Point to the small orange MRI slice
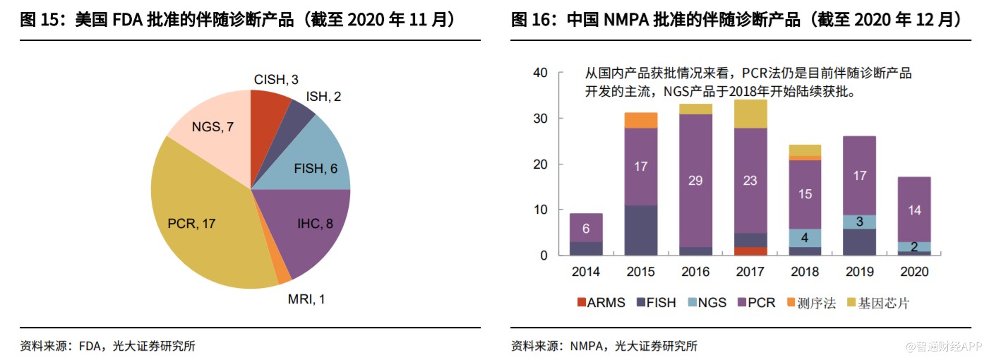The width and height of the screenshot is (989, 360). [x=283, y=277]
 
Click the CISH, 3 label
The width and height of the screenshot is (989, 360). [x=276, y=80]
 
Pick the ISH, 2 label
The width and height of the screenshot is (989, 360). [x=323, y=96]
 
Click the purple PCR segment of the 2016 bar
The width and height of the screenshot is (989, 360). [x=695, y=181]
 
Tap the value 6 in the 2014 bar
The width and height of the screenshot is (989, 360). [x=586, y=228]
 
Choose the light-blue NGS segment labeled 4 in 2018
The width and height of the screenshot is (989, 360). [x=804, y=238]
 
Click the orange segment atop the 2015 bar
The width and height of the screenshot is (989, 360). [x=640, y=120]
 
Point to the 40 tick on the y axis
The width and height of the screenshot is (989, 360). [x=540, y=73]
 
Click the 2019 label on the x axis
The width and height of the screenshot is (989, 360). [x=858, y=272]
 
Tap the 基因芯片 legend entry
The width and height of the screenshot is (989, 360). [x=882, y=303]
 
